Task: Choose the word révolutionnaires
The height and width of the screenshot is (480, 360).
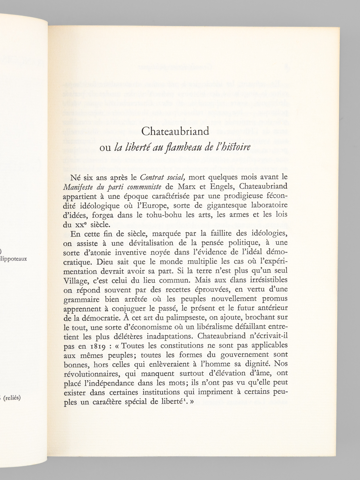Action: [x=92, y=374]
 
